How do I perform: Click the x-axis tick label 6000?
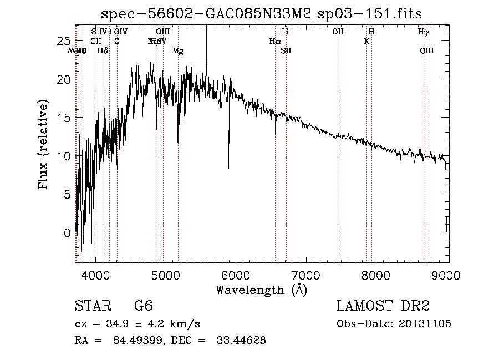pyautogui.click(x=237, y=274)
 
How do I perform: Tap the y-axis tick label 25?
pyautogui.click(x=65, y=41)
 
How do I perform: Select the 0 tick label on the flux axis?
pyautogui.click(x=68, y=232)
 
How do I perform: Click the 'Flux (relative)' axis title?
pyautogui.click(x=44, y=144)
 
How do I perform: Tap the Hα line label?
pyautogui.click(x=275, y=41)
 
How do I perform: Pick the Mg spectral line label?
pyautogui.click(x=178, y=51)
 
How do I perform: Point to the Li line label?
pyautogui.click(x=286, y=32)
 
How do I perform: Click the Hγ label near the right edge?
pyautogui.click(x=423, y=32)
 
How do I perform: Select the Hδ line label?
pyautogui.click(x=102, y=51)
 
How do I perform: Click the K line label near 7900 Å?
pyautogui.click(x=366, y=41)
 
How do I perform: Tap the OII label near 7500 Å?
pyautogui.click(x=338, y=32)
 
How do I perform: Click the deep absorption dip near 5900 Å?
pyautogui.click(x=228, y=165)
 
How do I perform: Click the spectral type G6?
pyautogui.click(x=143, y=306)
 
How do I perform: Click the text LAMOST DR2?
pyautogui.click(x=383, y=306)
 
